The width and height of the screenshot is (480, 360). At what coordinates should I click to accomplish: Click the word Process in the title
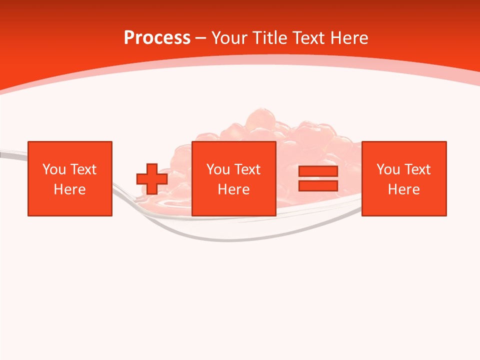point(157,38)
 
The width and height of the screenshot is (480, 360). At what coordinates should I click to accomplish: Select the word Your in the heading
point(229,38)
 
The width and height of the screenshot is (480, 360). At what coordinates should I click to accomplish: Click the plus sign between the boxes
point(152,179)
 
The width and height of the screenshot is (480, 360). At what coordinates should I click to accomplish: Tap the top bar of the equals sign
point(318,171)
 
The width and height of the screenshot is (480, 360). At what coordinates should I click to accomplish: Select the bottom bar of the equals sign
point(318,186)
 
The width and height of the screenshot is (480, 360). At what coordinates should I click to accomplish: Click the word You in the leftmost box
point(54,169)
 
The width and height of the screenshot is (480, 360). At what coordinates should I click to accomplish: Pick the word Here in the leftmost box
point(69,189)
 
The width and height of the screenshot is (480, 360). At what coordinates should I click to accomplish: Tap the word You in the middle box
point(218,169)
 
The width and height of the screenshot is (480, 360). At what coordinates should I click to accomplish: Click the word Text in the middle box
point(247,169)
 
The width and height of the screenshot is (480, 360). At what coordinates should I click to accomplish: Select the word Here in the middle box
point(234,189)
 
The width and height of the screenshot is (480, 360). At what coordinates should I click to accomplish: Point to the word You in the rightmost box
point(388,169)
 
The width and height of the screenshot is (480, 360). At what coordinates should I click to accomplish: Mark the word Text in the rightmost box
point(417,169)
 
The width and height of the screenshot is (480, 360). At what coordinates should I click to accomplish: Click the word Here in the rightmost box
point(404,189)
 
